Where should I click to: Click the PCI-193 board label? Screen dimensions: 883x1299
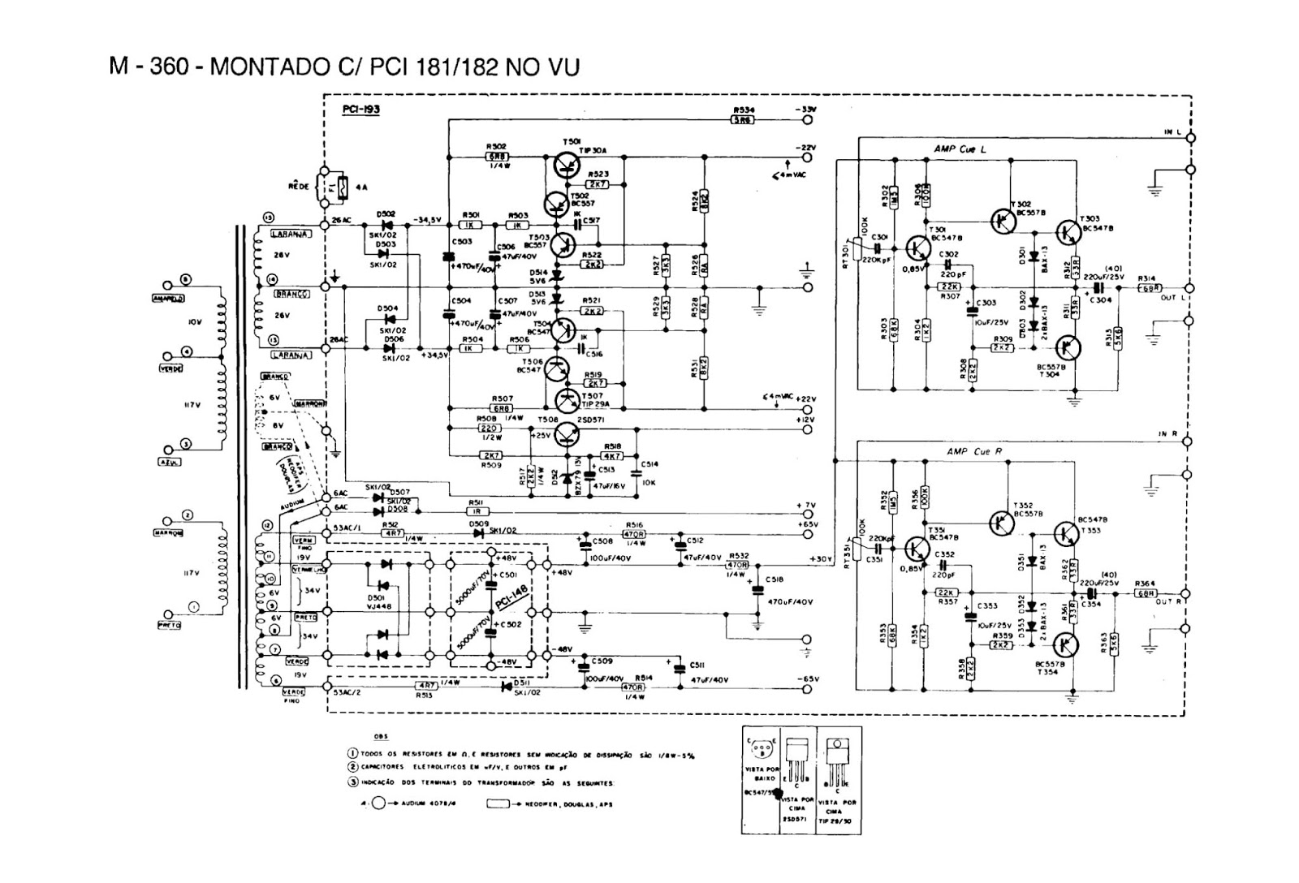click(363, 108)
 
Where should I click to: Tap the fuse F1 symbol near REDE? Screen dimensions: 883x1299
click(342, 187)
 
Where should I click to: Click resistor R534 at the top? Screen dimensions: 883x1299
click(743, 119)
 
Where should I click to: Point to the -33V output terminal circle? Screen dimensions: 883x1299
click(807, 119)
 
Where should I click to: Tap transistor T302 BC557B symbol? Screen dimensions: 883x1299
click(1003, 220)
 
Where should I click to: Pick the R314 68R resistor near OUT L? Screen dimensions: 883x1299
click(1149, 288)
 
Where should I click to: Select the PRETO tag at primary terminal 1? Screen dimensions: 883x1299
click(169, 625)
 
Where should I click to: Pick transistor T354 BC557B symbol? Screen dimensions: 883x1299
click(1068, 646)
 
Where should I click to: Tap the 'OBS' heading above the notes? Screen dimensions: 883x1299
click(380, 737)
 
